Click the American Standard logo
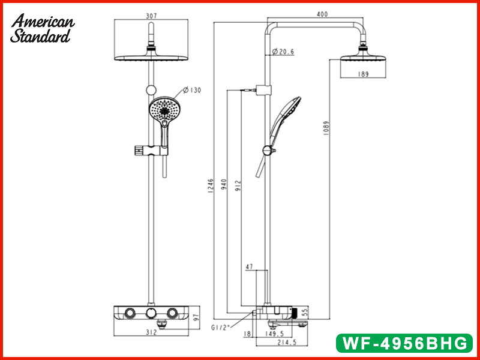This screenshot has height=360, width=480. click(42, 28)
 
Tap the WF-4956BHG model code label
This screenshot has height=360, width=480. click(403, 343)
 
